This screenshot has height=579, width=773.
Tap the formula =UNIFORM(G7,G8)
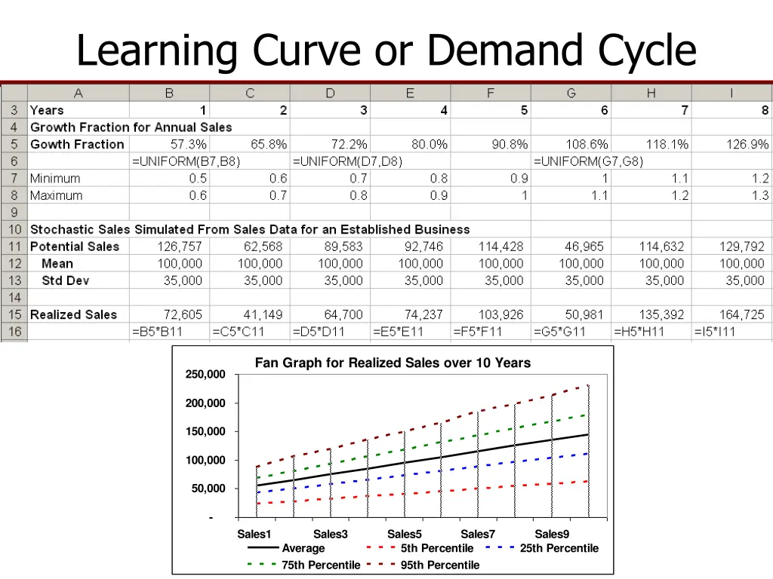588,161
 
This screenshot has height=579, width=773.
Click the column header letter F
491,93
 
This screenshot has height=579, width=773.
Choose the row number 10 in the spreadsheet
14,229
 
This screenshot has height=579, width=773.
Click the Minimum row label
55,179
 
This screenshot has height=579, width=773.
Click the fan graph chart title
393,363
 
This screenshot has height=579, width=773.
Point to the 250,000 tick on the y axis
205,375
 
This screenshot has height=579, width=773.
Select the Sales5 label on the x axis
405,535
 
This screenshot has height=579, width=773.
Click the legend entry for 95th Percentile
439,565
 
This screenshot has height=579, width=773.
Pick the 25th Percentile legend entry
559,548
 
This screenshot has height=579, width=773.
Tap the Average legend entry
303,548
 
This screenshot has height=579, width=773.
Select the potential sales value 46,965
584,247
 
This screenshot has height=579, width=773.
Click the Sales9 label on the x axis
552,535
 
